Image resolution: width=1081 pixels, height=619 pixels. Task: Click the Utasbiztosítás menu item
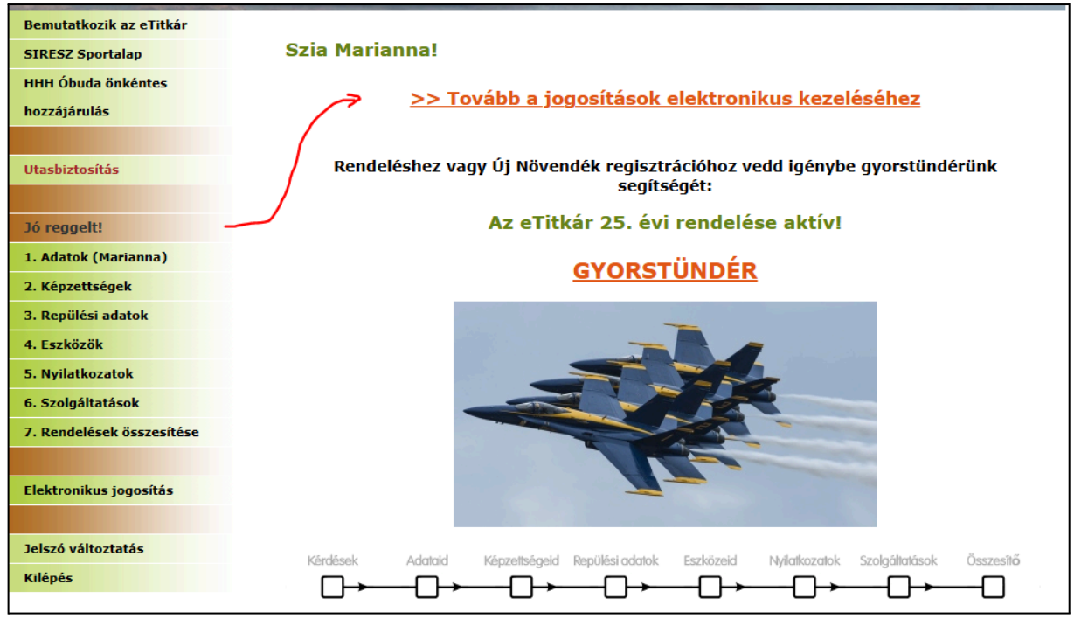(72, 170)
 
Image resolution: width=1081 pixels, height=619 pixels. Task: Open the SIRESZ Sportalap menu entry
(83, 54)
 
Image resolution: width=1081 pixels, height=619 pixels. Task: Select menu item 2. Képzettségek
(78, 286)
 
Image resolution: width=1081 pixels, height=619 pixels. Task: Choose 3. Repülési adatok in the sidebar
(86, 316)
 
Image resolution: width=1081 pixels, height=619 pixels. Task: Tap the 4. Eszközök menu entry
(64, 344)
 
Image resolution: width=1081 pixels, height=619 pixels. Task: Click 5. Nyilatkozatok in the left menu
(79, 373)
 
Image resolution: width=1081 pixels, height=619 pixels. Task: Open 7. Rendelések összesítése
(112, 432)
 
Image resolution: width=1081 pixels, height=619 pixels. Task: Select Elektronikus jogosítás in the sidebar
(99, 490)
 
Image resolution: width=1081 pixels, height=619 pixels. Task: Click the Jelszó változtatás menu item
(84, 548)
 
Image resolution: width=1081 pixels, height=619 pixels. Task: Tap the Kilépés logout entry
(48, 578)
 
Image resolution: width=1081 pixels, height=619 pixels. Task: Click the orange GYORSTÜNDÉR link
(665, 270)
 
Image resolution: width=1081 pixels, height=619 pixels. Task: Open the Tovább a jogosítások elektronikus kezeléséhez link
(665, 99)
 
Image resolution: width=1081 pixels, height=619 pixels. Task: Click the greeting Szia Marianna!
(362, 50)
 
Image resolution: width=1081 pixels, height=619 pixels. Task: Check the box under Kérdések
(332, 587)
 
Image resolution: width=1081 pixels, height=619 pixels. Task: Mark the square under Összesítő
(993, 587)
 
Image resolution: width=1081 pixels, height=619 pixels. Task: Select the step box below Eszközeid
(710, 587)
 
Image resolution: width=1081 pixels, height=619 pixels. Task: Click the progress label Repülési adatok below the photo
(616, 560)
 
